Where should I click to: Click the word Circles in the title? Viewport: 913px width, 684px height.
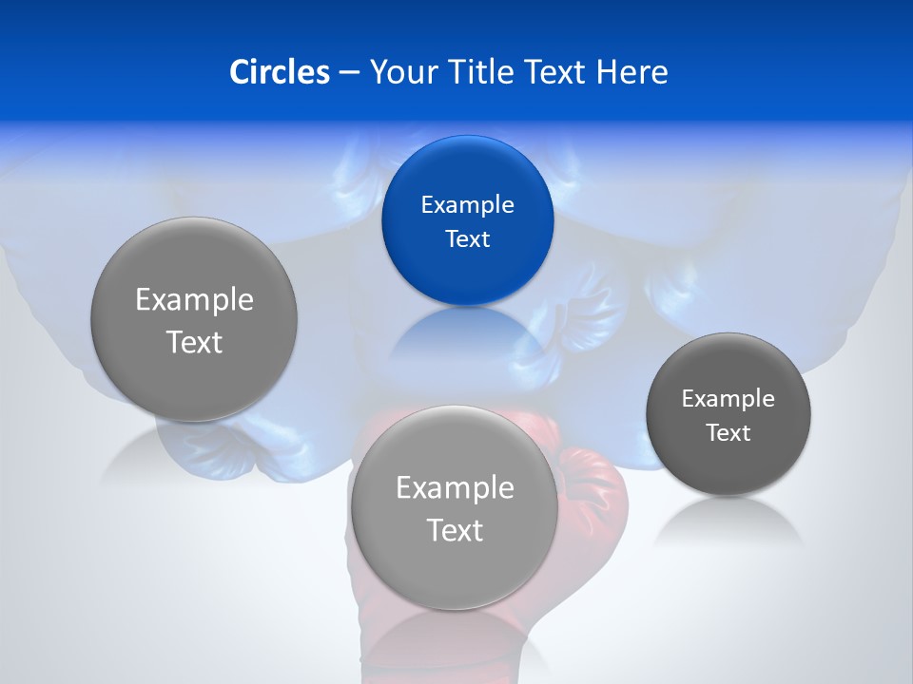(279, 72)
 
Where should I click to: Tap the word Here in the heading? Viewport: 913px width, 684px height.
(632, 72)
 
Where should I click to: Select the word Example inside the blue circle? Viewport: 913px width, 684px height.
(467, 204)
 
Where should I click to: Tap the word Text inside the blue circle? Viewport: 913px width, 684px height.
(467, 238)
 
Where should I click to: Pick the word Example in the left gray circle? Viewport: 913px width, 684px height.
(194, 300)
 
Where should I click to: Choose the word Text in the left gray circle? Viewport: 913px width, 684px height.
(194, 342)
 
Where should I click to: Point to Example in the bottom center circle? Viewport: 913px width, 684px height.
(455, 488)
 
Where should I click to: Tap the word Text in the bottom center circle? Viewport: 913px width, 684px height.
(455, 530)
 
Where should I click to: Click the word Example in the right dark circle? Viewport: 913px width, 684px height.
(728, 398)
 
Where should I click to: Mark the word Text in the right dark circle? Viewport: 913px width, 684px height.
(728, 433)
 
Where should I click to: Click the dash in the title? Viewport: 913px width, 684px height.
(349, 73)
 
